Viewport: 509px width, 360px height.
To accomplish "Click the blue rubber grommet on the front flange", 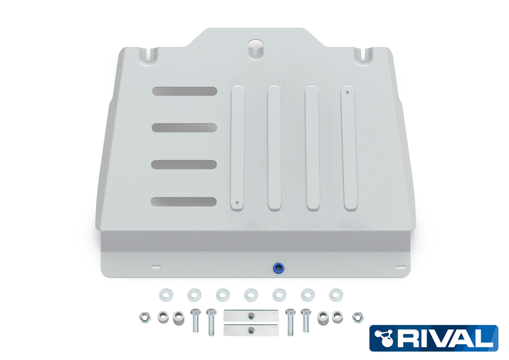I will pyautogui.click(x=279, y=268).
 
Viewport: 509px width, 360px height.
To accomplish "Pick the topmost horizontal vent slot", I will pyautogui.click(x=185, y=91).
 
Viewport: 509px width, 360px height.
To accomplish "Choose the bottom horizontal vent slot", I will pyautogui.click(x=184, y=202).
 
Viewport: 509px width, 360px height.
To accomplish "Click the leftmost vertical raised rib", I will pyautogui.click(x=237, y=148).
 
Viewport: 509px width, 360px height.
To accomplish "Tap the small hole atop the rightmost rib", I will pyautogui.click(x=347, y=93).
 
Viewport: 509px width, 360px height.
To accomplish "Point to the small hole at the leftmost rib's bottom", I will pyautogui.click(x=237, y=203).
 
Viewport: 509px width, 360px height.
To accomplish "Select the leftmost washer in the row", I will pyautogui.click(x=166, y=294).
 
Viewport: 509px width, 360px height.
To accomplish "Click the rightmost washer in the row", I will pyautogui.click(x=336, y=295).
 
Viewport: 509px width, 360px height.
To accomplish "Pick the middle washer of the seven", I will pyautogui.click(x=251, y=295).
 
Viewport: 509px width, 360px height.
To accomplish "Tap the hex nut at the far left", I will pyautogui.click(x=145, y=318).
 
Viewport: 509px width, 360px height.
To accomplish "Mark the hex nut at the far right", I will pyautogui.click(x=358, y=318).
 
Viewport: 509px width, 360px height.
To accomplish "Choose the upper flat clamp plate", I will pyautogui.click(x=251, y=315).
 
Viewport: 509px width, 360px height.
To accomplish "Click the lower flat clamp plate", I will pyautogui.click(x=251, y=330).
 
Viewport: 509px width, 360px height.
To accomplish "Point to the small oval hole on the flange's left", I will pyautogui.click(x=156, y=267).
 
